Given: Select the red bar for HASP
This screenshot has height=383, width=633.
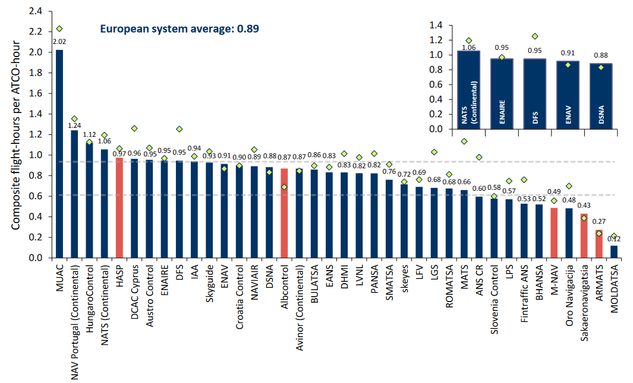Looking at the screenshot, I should (x=119, y=208).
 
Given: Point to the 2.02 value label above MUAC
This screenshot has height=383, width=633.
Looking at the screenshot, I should (x=59, y=42).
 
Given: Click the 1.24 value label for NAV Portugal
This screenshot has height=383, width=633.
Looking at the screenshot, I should (x=74, y=125).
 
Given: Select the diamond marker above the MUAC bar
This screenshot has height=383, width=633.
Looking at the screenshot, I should (x=59, y=29).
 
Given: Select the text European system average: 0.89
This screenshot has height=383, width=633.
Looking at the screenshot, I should (x=179, y=28).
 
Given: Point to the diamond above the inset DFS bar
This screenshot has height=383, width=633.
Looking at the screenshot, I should (x=534, y=36).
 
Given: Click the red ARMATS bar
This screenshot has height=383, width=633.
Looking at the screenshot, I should (x=599, y=244).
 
